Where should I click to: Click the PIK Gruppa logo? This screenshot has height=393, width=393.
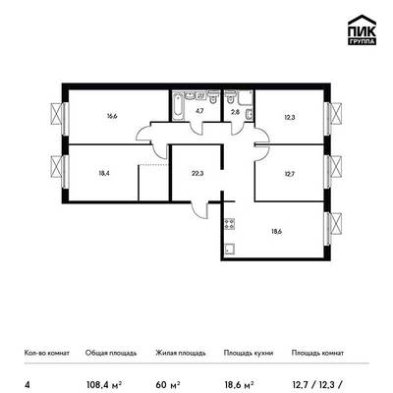[362, 29]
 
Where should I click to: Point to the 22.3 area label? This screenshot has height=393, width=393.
[197, 174]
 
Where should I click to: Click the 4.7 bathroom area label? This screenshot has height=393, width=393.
[199, 110]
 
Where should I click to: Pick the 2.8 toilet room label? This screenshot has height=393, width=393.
[236, 112]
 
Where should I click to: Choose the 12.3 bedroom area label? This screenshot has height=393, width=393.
[290, 117]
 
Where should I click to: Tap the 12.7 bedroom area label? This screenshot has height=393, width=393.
[290, 174]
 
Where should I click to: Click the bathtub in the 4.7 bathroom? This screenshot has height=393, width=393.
[177, 106]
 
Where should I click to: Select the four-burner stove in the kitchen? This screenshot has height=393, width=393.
[229, 224]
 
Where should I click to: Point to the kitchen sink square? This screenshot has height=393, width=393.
[229, 249]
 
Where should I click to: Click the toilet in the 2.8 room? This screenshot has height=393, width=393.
[230, 96]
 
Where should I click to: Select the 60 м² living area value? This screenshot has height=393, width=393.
[169, 384]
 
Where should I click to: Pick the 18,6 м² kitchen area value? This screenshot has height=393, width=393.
[240, 384]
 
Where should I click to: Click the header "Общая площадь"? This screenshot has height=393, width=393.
[111, 353]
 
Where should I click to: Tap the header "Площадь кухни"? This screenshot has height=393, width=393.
[249, 353]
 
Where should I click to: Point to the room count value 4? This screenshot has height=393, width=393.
[27, 384]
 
